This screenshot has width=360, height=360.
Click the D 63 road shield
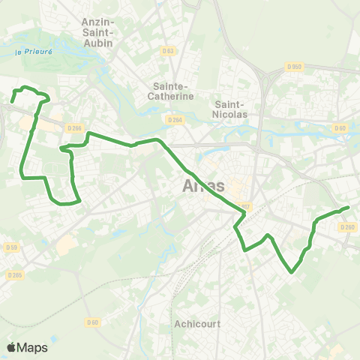coord(168,51)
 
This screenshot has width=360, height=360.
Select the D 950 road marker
coord(294,66)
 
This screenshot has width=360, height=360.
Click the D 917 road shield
coord(244,207)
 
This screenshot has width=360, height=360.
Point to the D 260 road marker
coord(347,227)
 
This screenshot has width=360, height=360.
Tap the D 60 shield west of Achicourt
coord(91,322)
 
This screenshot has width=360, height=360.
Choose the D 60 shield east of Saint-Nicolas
coord(340,128)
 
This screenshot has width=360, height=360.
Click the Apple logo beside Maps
coord(10,347)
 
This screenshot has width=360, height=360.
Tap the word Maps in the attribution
coord(32,348)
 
